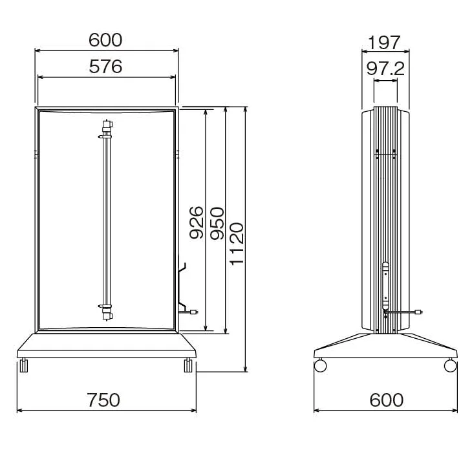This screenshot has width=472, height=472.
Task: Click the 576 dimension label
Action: point(105,67)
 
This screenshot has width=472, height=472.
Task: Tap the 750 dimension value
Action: point(103,400)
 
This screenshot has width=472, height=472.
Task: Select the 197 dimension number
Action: point(384,43)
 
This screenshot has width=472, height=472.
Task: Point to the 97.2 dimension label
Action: point(385,69)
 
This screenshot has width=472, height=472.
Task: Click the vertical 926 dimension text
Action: point(197,223)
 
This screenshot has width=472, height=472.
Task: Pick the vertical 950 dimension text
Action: point(217,223)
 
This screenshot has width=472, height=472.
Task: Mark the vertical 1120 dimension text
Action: point(237,244)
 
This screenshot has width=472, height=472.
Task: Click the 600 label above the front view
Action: point(105,39)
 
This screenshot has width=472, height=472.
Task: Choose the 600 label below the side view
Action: point(386,400)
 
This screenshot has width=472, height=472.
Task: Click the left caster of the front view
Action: point(23,365)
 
